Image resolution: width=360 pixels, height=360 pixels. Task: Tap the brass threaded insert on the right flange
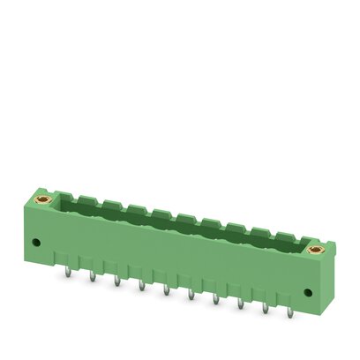tap(313, 253)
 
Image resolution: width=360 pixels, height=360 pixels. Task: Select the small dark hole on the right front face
tap(306, 292)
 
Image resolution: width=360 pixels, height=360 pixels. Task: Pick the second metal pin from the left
tap(92, 277)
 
